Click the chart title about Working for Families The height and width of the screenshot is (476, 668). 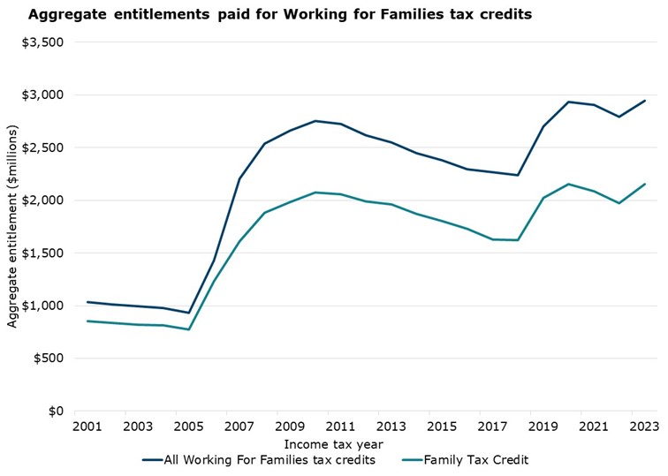(279, 15)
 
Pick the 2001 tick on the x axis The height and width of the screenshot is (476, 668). (87, 427)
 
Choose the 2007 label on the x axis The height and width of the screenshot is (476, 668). (227, 427)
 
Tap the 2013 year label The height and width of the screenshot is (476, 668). (379, 427)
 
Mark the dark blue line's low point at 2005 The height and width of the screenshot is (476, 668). (188, 313)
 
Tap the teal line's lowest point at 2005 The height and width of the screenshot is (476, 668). (188, 329)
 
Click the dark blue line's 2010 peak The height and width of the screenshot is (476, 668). (315, 121)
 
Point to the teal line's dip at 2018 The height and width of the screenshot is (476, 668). (518, 240)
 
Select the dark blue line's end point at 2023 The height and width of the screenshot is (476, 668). (645, 101)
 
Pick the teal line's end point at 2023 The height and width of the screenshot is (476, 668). (645, 185)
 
